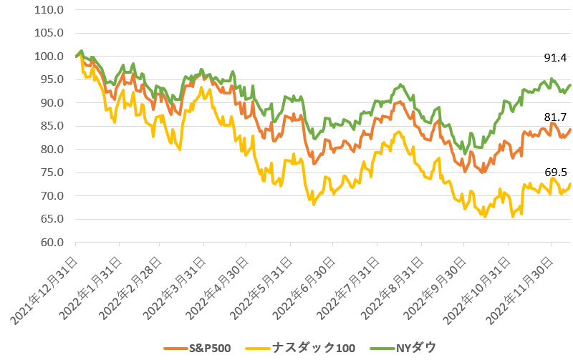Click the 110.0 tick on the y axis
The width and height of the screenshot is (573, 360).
(x=49, y=10)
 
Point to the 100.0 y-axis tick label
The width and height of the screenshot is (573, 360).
(x=49, y=57)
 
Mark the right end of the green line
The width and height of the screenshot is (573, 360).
(x=570, y=84)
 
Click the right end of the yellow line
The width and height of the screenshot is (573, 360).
(x=570, y=184)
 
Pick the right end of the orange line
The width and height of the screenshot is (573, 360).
(x=570, y=129)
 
